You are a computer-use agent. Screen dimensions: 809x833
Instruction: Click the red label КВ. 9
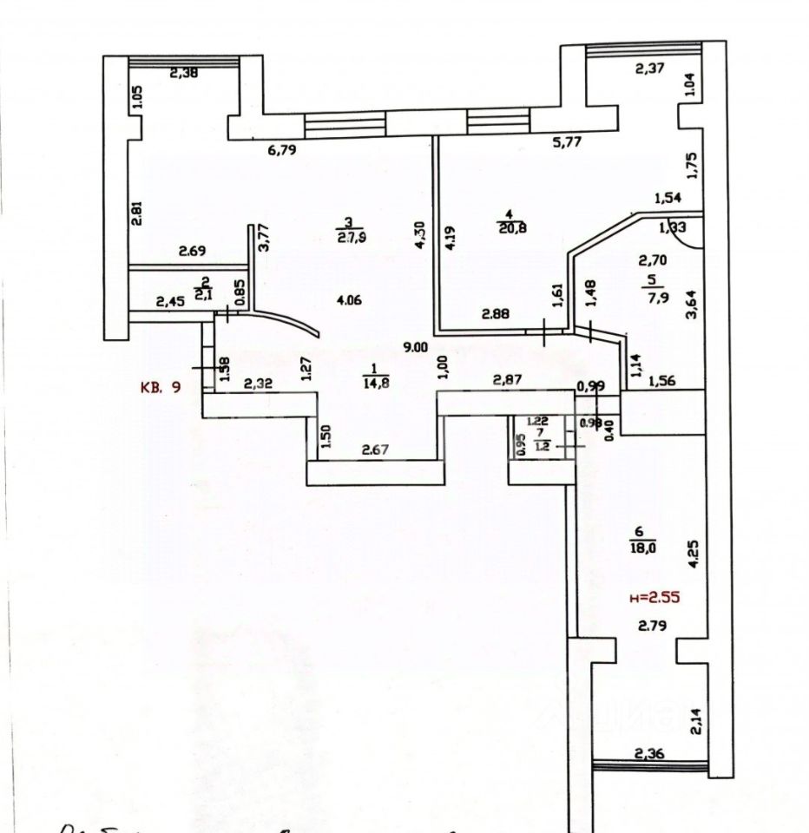(x=161, y=388)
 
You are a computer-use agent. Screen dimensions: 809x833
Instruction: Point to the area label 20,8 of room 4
(x=512, y=228)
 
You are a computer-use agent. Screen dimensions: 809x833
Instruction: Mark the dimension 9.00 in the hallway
(x=416, y=347)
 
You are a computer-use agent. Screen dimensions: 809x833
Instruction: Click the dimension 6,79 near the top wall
(x=283, y=150)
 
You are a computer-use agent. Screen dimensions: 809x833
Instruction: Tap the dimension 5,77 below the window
(x=567, y=143)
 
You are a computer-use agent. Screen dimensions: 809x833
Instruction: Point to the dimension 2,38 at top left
(x=184, y=74)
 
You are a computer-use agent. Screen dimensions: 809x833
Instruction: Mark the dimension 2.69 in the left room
(x=193, y=252)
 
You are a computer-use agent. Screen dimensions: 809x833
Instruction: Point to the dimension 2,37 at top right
(x=652, y=71)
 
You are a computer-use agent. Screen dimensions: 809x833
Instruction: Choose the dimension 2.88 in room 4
(x=499, y=315)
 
